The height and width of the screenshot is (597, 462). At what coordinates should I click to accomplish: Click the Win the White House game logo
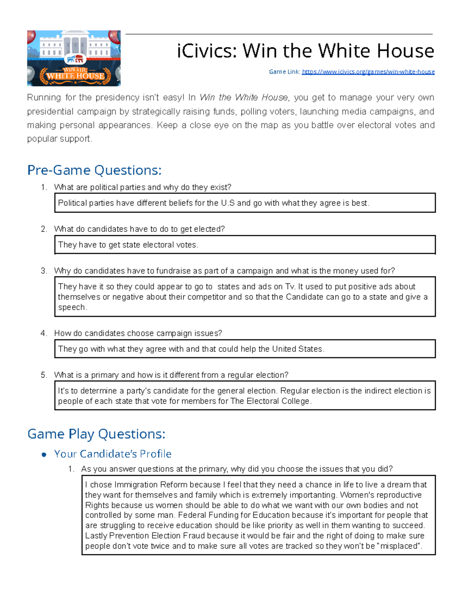coord(74,58)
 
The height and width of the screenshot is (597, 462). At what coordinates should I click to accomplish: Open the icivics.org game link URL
coord(368,72)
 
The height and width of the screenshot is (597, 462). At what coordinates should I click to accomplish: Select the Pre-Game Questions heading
coord(94,170)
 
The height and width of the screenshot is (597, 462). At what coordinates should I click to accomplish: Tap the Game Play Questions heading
coord(96,434)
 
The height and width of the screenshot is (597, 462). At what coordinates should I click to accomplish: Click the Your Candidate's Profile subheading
coord(112,454)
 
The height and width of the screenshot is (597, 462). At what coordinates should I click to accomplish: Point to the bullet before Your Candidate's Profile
coord(44,455)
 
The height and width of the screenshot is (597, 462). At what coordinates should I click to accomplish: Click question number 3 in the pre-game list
coord(44,271)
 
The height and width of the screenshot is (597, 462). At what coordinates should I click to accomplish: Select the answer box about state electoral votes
coord(245,245)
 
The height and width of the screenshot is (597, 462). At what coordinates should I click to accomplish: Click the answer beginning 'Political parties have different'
coord(213,203)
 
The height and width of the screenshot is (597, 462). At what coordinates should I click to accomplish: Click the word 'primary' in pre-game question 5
coord(105,375)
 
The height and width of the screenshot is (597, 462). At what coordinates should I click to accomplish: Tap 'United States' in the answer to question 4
coord(297,349)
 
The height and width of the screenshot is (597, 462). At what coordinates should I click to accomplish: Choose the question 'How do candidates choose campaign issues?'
coord(138,333)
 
